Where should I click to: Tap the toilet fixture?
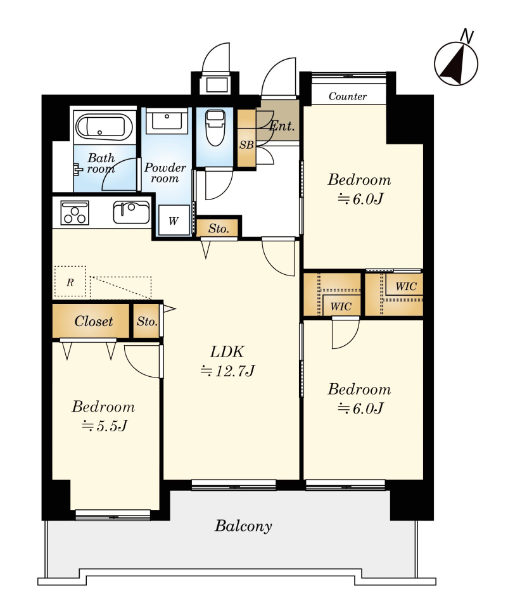[x=215, y=127]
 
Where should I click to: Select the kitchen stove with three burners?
[x=75, y=213]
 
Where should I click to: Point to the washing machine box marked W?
[x=174, y=220]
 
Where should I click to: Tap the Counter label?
[x=348, y=96]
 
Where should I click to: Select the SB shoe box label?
[x=246, y=144]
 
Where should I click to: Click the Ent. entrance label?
[x=282, y=125]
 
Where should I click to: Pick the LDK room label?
[x=227, y=351]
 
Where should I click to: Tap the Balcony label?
[x=243, y=526]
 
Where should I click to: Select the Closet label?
[x=94, y=321]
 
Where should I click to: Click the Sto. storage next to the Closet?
[x=147, y=322]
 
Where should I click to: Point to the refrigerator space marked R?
[x=70, y=282]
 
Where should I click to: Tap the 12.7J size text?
[x=227, y=371]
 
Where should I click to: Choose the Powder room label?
[x=165, y=173]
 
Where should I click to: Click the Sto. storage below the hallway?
[x=218, y=229]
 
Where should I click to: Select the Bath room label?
[x=101, y=163]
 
